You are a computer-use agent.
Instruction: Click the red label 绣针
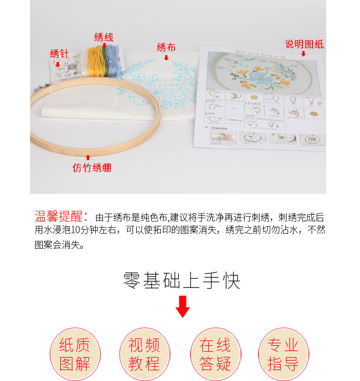click(x=59, y=54)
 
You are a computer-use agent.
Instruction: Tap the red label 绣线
click(x=104, y=37)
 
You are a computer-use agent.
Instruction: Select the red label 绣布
click(x=166, y=47)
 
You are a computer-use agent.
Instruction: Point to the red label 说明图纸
click(x=304, y=44)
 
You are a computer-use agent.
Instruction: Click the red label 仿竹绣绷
click(x=92, y=167)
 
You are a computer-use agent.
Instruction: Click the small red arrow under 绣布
click(x=166, y=57)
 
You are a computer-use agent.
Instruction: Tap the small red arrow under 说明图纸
click(x=303, y=54)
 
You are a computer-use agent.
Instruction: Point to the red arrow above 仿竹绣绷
click(x=88, y=157)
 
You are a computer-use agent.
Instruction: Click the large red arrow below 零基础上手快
click(x=183, y=306)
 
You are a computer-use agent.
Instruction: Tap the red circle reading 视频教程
click(x=144, y=354)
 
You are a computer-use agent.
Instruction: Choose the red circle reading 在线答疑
click(x=215, y=354)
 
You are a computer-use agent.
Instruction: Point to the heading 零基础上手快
click(x=182, y=281)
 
